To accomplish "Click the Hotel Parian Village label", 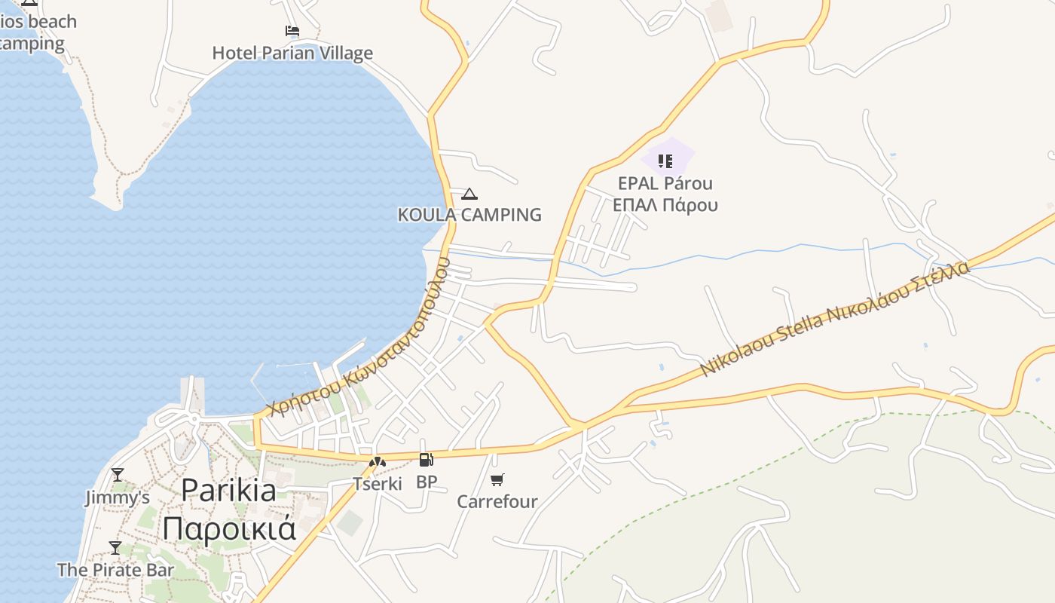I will coord(292,53).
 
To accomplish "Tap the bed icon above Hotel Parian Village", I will coord(292,31).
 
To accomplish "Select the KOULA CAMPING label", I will coord(469,215).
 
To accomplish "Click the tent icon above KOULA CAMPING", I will coord(469,194).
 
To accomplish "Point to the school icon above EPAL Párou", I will coord(665,161).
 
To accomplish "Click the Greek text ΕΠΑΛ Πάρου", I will coord(665,205).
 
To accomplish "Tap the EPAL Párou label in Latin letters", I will coord(665,183).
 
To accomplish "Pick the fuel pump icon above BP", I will coord(427,460).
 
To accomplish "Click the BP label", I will coord(427,482).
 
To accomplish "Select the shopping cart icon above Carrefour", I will coord(497,479).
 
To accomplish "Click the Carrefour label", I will coord(497,501).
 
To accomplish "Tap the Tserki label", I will coord(378,483).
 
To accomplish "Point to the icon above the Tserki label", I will coord(378,461).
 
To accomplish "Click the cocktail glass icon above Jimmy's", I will coord(117,475).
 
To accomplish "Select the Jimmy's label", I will coord(117,497).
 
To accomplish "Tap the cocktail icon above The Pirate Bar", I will coord(115,548).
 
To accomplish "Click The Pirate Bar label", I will coord(115,570).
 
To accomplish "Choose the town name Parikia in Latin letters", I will coord(229,491).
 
